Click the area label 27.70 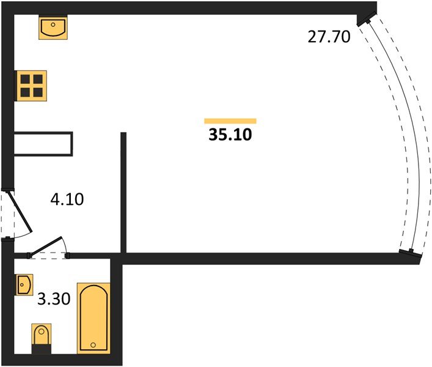click(x=329, y=37)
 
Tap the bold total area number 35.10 click(x=230, y=135)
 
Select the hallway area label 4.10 click(x=67, y=199)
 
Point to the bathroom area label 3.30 click(x=54, y=298)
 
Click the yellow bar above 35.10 click(x=230, y=120)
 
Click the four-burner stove click(x=31, y=86)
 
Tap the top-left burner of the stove click(x=25, y=79)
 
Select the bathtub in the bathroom click(x=93, y=318)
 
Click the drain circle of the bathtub click(x=93, y=345)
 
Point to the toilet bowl click(x=42, y=334)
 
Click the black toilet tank click(x=42, y=349)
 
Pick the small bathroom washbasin click(x=24, y=284)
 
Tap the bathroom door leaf click(x=45, y=247)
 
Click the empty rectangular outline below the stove click(x=43, y=144)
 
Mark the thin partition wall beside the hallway click(x=123, y=193)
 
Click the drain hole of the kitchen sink click(x=53, y=24)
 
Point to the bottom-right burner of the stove click(x=38, y=92)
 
